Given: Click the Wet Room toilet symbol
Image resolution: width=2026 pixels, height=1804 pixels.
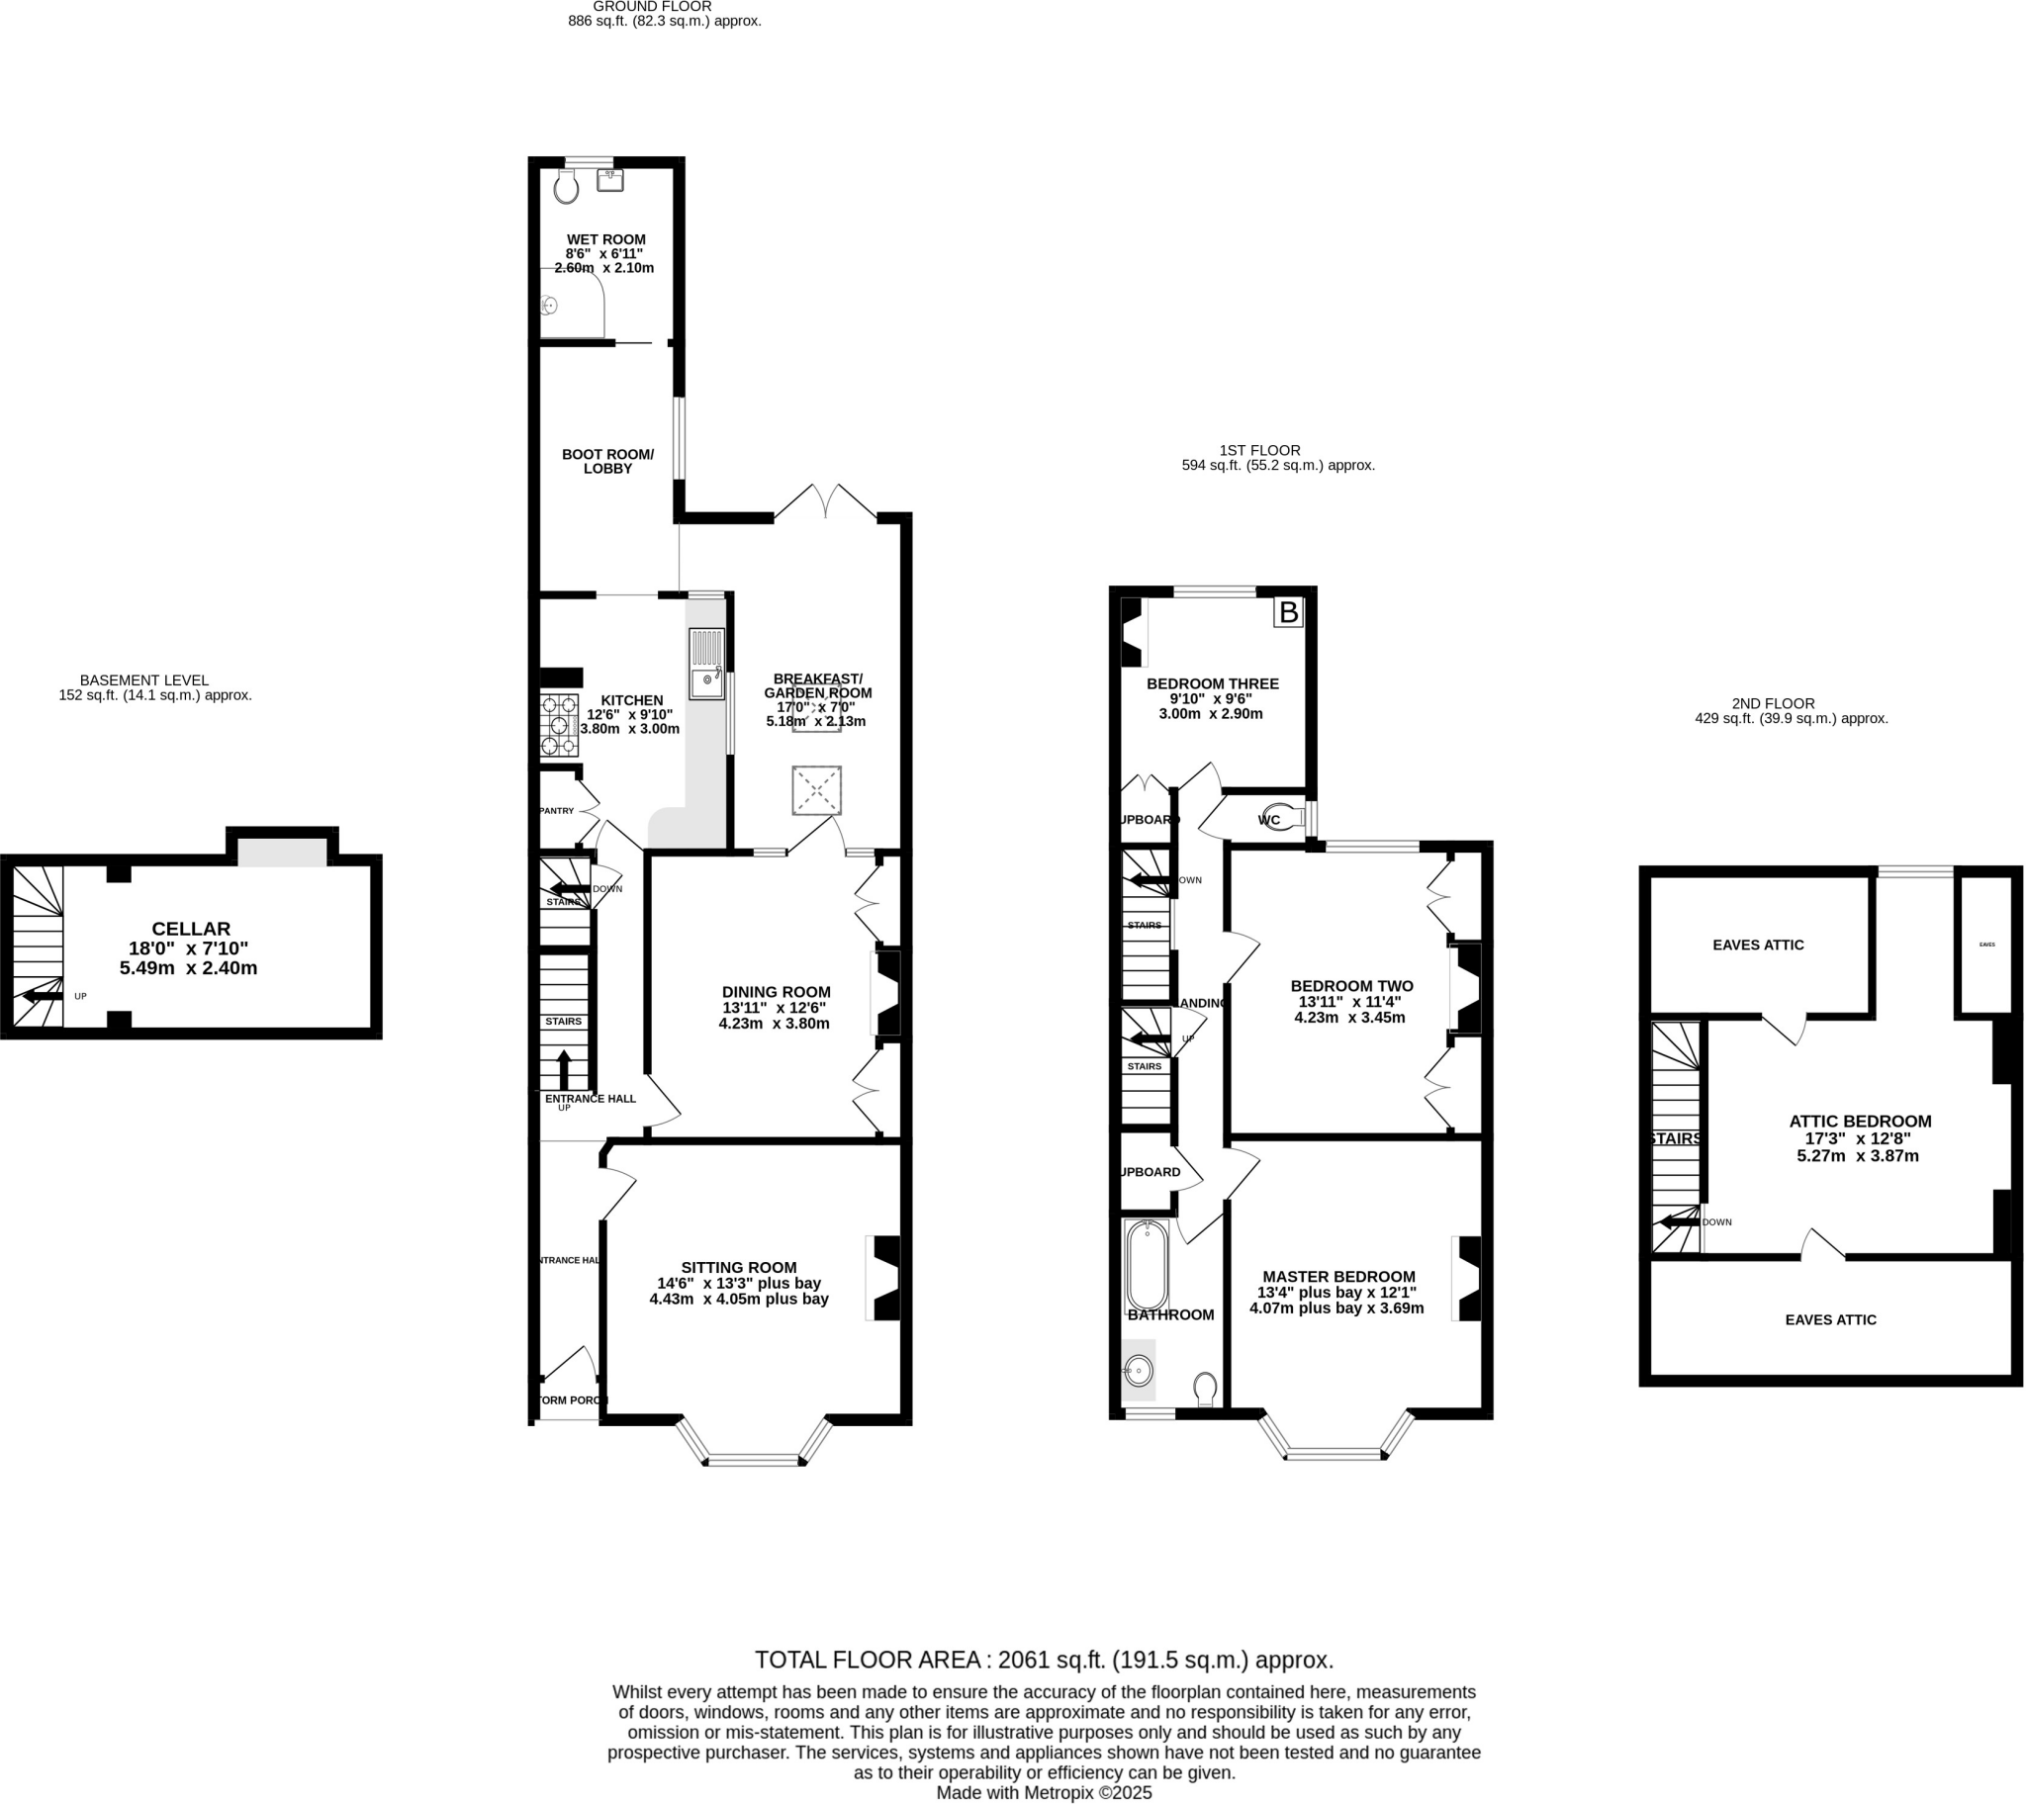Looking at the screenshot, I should tap(566, 186).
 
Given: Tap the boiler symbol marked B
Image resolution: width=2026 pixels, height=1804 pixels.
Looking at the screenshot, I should tap(1288, 612).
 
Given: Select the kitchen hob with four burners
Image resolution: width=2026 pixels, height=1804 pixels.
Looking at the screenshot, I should tap(559, 726).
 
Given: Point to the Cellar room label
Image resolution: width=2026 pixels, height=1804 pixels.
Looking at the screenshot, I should tap(190, 929).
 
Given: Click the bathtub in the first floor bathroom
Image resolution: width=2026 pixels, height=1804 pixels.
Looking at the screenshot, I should tap(1147, 1266).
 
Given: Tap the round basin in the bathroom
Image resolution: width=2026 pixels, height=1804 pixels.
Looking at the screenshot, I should tap(1139, 1372).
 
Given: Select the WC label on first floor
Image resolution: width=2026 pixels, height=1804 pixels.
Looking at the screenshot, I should tap(1269, 820).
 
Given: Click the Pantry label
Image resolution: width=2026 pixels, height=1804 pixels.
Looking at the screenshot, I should tap(556, 811).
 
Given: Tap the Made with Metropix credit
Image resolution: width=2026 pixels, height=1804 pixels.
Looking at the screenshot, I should tap(1044, 1792).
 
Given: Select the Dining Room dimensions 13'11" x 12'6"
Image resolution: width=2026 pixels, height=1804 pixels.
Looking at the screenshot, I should tap(776, 1008).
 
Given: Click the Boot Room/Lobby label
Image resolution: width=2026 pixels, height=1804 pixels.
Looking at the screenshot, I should tap(607, 461).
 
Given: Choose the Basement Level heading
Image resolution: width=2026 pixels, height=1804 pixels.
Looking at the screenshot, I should tap(143, 680).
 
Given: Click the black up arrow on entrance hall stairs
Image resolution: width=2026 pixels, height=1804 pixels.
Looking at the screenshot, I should tap(564, 1069).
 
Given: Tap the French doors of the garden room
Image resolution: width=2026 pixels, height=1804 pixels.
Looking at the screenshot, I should tap(826, 500).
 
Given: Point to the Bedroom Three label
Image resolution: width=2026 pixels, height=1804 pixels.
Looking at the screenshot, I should tap(1212, 684).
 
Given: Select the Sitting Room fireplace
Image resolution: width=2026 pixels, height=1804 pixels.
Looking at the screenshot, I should tap(885, 1278).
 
